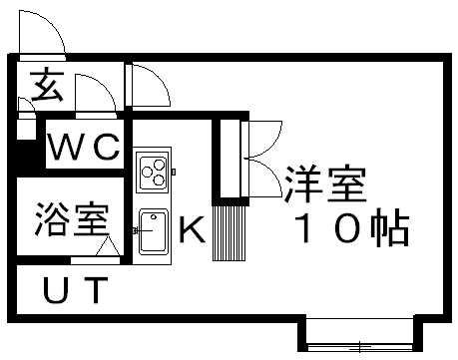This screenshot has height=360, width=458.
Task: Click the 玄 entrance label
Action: pos(44,88)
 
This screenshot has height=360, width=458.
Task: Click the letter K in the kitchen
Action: pos(191,232)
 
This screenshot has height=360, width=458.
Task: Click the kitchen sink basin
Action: pos(153,232)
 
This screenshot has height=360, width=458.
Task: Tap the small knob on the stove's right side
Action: pos(174,172)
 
